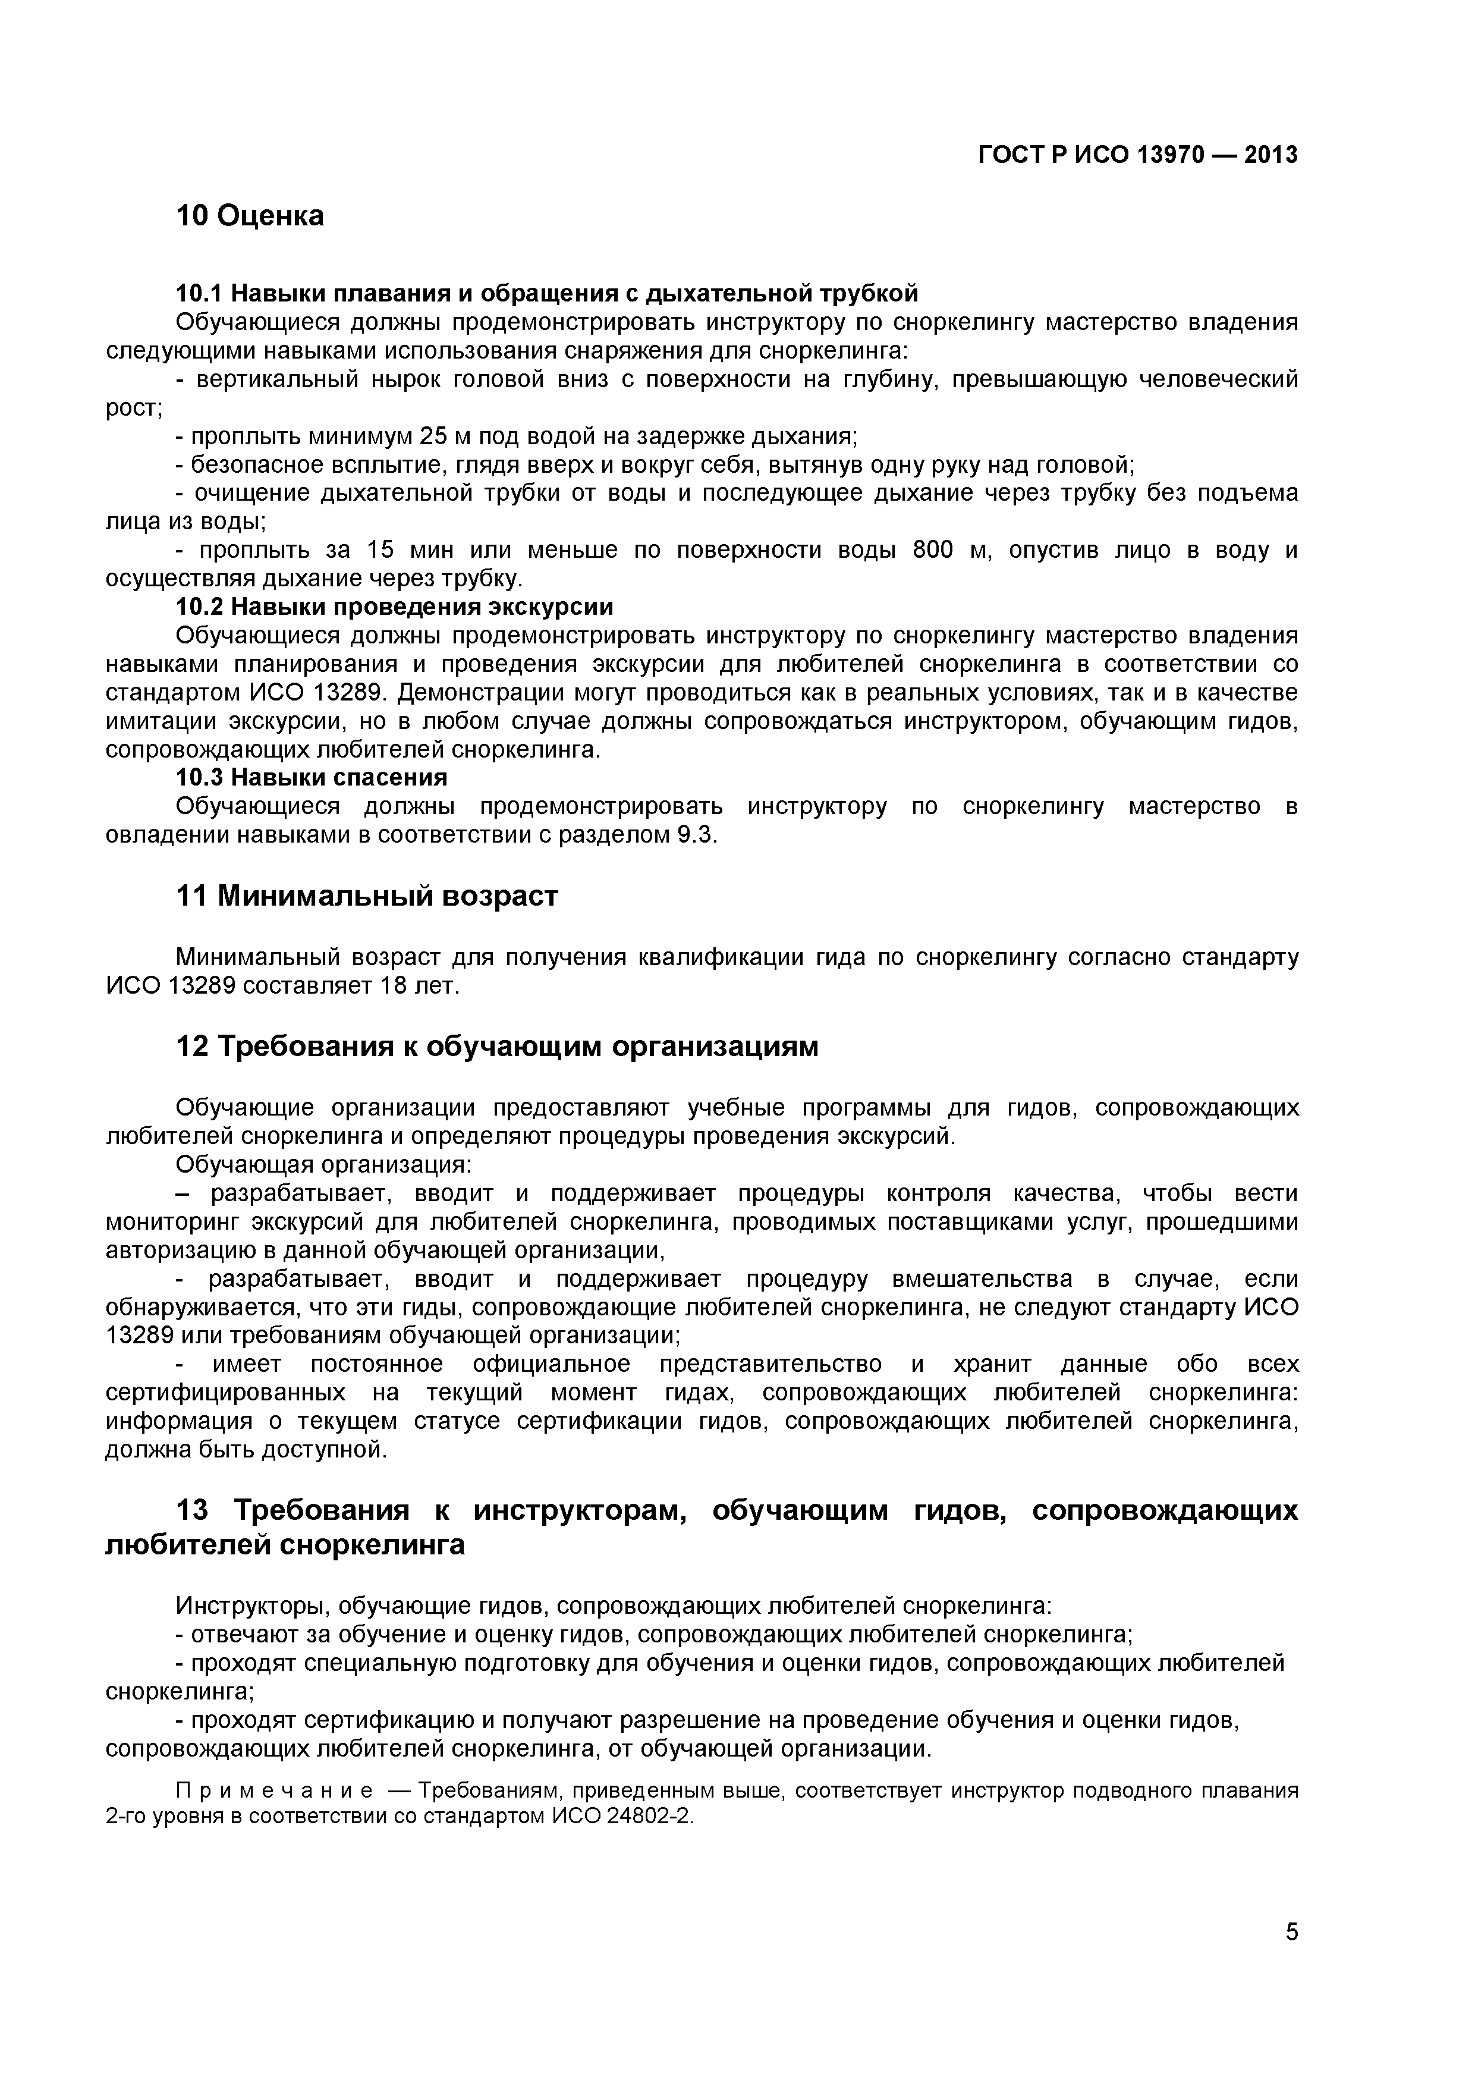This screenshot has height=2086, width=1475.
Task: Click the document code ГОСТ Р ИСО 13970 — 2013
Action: click(x=1137, y=155)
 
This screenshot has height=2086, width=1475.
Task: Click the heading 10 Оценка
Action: click(x=249, y=216)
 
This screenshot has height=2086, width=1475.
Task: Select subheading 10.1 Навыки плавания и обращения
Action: click(x=546, y=294)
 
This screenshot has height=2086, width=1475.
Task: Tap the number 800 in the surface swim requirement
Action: click(x=933, y=549)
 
